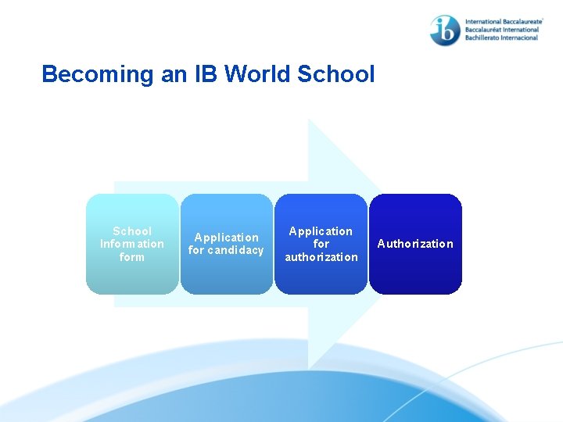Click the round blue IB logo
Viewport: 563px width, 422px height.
point(445,30)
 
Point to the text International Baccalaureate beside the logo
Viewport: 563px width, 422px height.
point(503,23)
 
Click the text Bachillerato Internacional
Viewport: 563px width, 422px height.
point(501,38)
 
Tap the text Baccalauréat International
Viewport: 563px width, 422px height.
point(501,30)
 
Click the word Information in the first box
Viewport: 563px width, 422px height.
point(132,244)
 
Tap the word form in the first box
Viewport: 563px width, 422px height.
point(132,256)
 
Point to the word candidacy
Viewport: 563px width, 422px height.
point(236,250)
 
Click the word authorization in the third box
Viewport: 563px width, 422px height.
point(321,256)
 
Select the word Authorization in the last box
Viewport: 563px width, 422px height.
point(415,244)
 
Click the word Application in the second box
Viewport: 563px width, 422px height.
point(227,238)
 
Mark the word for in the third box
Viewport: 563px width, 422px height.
point(321,244)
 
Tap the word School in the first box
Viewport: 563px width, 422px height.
point(132,231)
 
